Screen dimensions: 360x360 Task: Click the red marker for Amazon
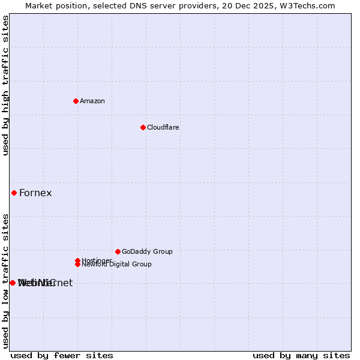(76, 101)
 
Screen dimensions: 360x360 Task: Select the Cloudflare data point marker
(143, 127)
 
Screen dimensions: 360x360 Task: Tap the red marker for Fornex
(14, 193)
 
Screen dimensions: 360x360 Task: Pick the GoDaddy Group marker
(118, 251)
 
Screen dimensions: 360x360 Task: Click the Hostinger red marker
(77, 260)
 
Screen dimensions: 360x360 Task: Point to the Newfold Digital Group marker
(77, 264)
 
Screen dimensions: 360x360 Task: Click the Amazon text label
(92, 101)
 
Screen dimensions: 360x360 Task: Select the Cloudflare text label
(163, 127)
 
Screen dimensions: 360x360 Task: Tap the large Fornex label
(35, 193)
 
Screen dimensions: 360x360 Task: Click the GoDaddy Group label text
(146, 251)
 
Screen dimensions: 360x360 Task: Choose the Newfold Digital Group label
(117, 265)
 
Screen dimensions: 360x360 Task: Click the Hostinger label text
(96, 260)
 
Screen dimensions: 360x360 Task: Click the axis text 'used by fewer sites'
(62, 355)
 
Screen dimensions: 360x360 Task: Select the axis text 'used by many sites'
(301, 355)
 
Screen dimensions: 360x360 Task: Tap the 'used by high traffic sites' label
(5, 85)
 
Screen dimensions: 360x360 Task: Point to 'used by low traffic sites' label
(5, 280)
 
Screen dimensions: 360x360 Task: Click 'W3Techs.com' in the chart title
(310, 5)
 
